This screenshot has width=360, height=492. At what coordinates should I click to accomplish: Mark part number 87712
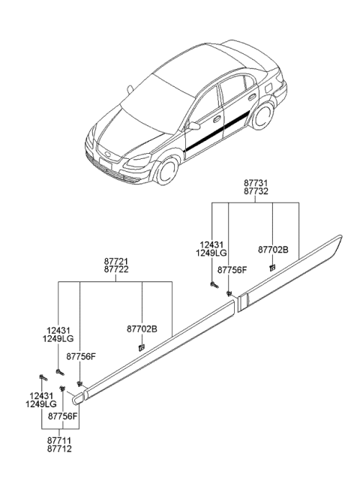coord(61,452)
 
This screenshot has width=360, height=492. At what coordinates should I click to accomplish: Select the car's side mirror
coord(193,125)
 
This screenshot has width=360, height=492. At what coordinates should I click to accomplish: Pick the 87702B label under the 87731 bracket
coord(272,250)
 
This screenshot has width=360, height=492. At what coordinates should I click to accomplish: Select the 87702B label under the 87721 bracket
coord(142,328)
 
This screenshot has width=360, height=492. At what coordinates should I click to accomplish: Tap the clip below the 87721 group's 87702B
coord(141,346)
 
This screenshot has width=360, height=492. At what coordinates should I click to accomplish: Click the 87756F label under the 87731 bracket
coord(232,270)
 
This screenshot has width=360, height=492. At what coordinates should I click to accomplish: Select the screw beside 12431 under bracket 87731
coord(214,284)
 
